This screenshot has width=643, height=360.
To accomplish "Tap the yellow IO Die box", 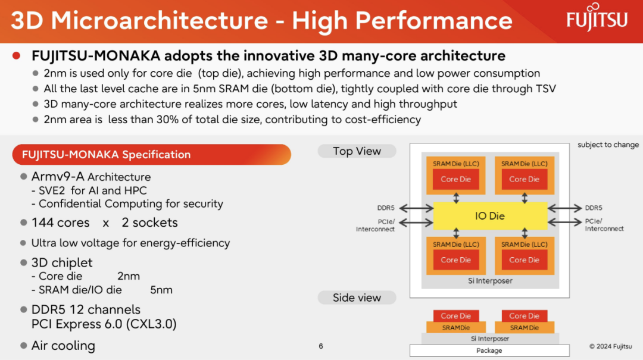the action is click(x=490, y=215).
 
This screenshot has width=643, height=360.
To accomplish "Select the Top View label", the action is click(x=357, y=151).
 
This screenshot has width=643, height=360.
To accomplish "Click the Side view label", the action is click(x=357, y=298).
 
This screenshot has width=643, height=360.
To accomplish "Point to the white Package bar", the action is click(x=489, y=350).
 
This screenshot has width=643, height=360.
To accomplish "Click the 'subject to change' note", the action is click(x=608, y=145).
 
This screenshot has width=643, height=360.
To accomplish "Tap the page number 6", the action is click(x=321, y=346).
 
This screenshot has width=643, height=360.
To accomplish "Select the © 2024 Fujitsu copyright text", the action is click(x=611, y=346).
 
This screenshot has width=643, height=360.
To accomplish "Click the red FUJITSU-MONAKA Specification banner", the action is click(x=152, y=155).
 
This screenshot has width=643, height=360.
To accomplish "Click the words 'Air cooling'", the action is click(x=63, y=346).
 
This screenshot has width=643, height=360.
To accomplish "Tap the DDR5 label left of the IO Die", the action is click(x=385, y=208).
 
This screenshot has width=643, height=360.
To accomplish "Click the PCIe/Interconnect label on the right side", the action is click(x=604, y=225).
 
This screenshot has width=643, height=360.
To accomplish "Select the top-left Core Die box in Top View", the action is click(x=455, y=179).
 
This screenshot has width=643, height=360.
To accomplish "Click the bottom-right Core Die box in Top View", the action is click(x=524, y=260).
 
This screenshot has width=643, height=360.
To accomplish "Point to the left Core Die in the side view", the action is click(x=455, y=316).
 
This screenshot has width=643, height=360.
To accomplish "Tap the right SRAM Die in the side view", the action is click(x=524, y=328).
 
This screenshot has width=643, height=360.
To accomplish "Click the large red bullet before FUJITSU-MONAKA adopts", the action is click(x=17, y=56).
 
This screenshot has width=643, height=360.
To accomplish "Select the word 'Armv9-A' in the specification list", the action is click(x=58, y=177).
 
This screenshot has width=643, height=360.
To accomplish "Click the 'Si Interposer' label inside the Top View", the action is click(x=490, y=281).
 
